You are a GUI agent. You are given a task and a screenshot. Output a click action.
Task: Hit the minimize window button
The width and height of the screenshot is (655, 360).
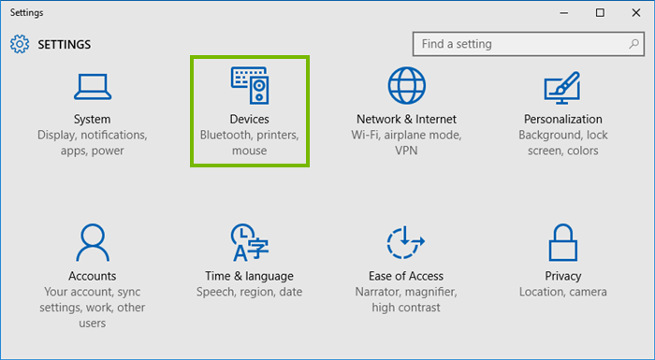pos(564,12)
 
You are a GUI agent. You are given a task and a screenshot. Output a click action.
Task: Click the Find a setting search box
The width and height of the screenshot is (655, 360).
pos(515,44)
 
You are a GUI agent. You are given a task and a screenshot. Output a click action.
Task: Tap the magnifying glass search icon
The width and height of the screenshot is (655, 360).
pos(632,44)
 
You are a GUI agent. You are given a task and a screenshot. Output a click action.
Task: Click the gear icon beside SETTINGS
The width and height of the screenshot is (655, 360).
pos(19,44)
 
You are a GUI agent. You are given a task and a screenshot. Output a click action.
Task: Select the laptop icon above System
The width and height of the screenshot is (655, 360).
pos(92,85)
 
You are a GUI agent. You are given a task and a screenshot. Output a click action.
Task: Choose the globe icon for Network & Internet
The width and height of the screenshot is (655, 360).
pos(406,85)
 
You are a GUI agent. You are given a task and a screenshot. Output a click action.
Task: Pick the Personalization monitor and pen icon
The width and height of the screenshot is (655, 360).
pos(562,85)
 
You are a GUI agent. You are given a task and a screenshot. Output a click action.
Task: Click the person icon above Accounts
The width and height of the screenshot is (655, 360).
pos(92,242)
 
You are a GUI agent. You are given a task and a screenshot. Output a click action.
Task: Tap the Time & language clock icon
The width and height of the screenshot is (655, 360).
pos(249,242)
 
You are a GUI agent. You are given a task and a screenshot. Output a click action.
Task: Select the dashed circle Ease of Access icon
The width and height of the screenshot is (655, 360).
pos(406,242)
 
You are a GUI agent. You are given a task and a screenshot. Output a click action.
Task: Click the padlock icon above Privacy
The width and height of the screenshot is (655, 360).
pos(562,242)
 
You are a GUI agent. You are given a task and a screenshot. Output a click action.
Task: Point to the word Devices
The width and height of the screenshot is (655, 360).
pos(249,120)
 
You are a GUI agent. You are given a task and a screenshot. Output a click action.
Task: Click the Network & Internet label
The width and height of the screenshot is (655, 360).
pos(406,120)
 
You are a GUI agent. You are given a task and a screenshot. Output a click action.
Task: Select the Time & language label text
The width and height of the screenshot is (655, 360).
pos(249,276)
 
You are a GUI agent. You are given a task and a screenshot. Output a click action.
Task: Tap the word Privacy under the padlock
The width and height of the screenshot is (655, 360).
pos(562,276)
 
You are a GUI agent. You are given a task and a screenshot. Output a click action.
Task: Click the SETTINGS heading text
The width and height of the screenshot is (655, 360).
pos(64,44)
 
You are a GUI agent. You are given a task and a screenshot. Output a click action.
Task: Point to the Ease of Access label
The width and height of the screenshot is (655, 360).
pos(406,276)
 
